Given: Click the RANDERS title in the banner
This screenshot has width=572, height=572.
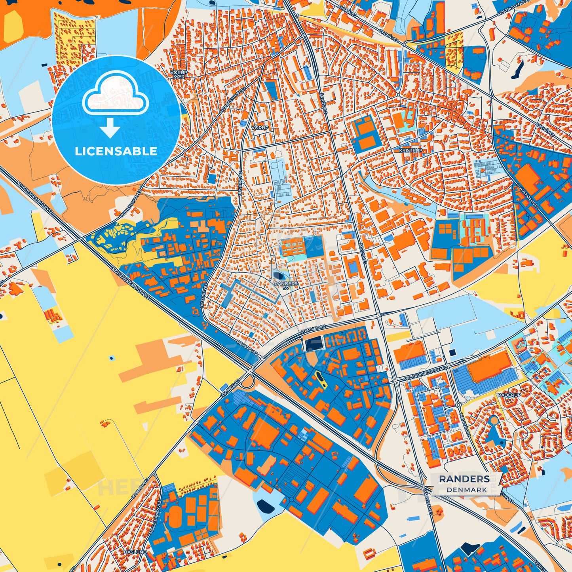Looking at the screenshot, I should tap(464, 479).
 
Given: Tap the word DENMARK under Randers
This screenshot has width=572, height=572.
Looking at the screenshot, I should tap(467, 490).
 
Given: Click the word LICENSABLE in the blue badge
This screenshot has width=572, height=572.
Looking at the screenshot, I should tap(116, 151).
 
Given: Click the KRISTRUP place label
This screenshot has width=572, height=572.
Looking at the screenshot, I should tap(410, 151).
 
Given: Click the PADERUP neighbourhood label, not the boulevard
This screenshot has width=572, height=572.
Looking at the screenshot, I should tap(509, 395).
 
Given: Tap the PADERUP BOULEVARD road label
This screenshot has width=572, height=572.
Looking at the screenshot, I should tap(426, 374).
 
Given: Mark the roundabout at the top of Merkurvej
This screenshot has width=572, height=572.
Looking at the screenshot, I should tap(458, 405).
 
